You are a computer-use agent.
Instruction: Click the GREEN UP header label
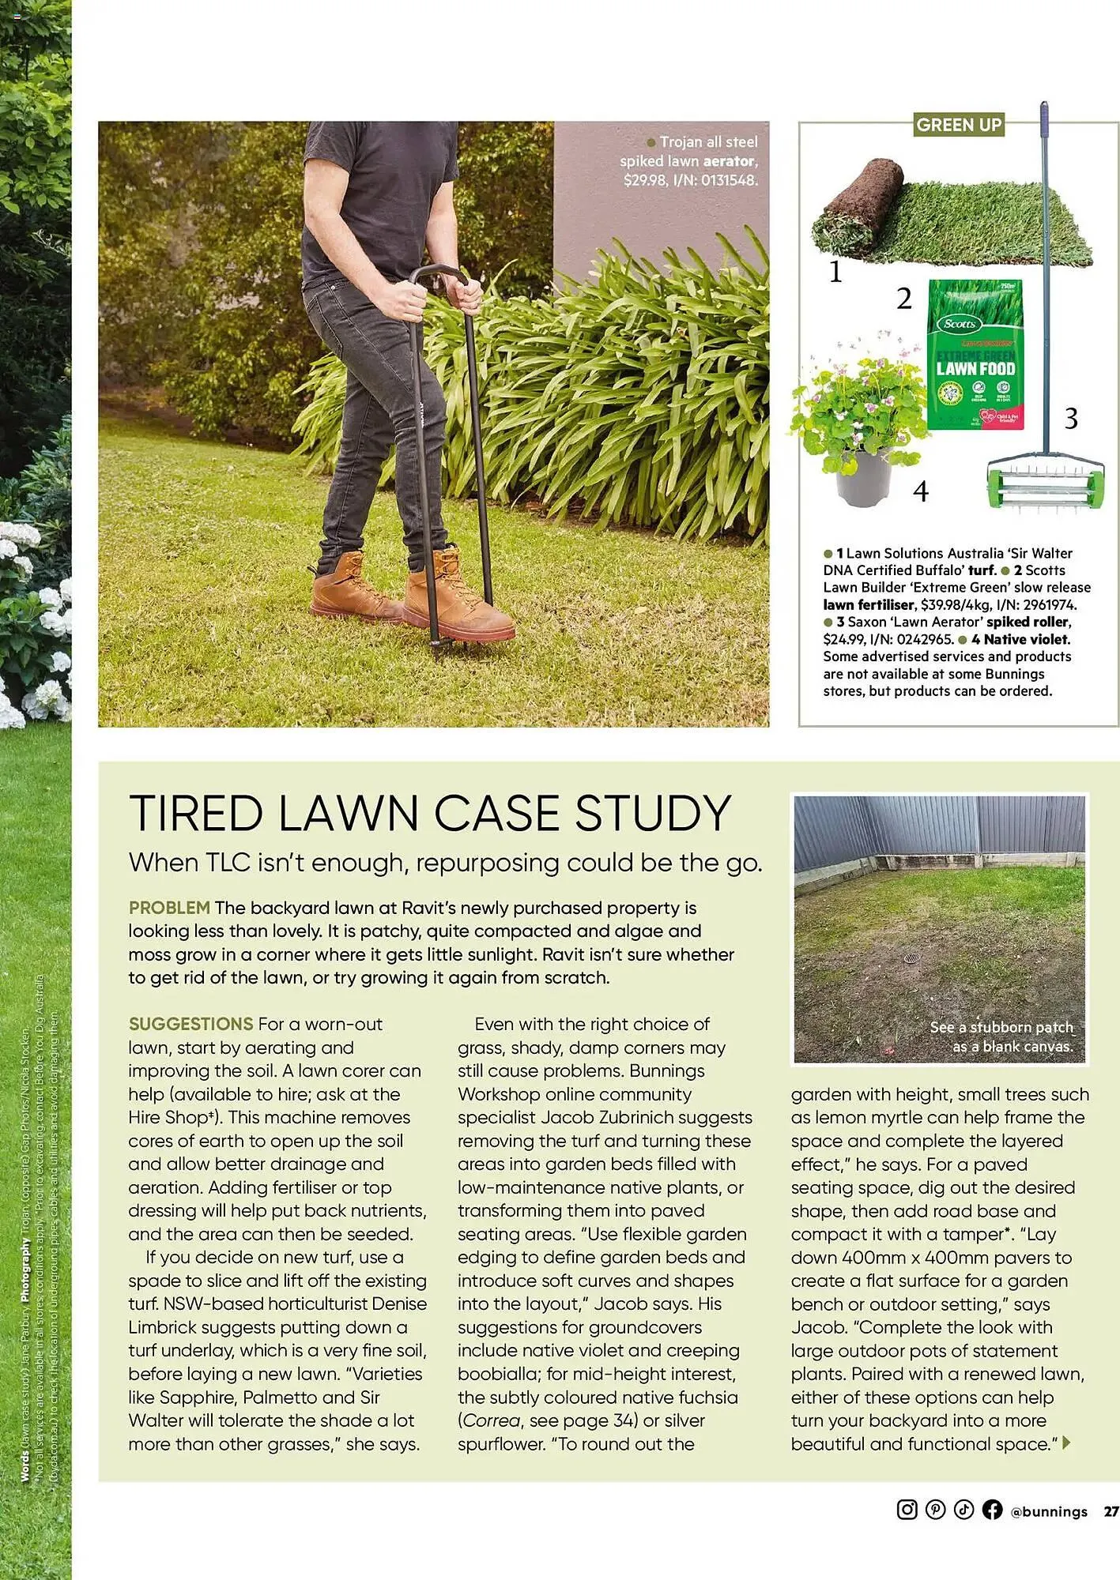coord(959,125)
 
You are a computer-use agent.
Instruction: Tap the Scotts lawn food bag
coord(975,356)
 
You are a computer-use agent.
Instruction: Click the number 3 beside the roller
coord(1071,419)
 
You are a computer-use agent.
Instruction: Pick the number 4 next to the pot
coord(921,491)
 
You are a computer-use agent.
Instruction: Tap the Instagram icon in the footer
coord(907,1510)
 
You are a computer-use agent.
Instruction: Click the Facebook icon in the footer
coord(992,1510)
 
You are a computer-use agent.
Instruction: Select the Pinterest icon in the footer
coord(935,1510)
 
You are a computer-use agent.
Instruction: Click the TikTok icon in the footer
coord(964,1510)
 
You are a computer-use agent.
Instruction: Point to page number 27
coord(1111,1511)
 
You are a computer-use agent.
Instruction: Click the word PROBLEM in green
coord(169,908)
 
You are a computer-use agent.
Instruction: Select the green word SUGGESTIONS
coord(190,1024)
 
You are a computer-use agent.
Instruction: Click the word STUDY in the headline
coord(653,813)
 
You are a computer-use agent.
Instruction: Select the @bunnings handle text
coord(1049,1511)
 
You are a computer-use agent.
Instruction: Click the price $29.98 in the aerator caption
coord(643,180)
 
